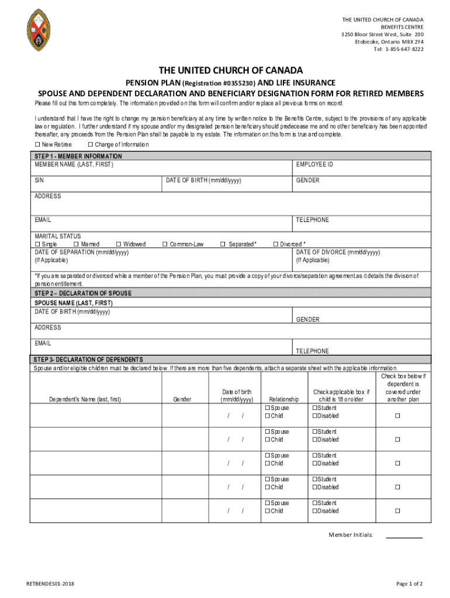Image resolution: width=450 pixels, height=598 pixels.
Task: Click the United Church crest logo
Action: click(43, 30)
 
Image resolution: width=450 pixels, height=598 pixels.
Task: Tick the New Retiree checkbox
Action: click(37, 144)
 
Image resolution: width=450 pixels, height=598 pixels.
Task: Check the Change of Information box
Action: click(90, 144)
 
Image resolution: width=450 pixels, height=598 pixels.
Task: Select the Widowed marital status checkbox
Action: click(119, 244)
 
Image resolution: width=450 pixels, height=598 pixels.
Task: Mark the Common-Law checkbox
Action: click(165, 244)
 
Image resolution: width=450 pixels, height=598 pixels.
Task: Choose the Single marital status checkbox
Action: click(37, 244)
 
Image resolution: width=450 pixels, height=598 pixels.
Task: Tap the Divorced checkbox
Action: click(276, 244)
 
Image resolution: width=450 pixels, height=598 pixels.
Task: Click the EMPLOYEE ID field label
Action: click(314, 165)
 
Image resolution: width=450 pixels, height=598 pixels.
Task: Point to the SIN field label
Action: click(39, 180)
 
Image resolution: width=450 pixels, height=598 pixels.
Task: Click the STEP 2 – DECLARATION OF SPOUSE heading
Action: click(82, 293)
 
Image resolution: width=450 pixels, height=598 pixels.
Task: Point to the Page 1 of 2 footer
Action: click(409, 584)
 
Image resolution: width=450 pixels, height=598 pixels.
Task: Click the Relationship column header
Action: click(283, 399)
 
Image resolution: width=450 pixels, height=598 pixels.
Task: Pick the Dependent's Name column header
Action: click(85, 399)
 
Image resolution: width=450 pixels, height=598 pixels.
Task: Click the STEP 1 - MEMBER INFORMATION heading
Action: click(78, 157)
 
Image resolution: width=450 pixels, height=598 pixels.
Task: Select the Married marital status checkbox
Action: click(76, 244)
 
